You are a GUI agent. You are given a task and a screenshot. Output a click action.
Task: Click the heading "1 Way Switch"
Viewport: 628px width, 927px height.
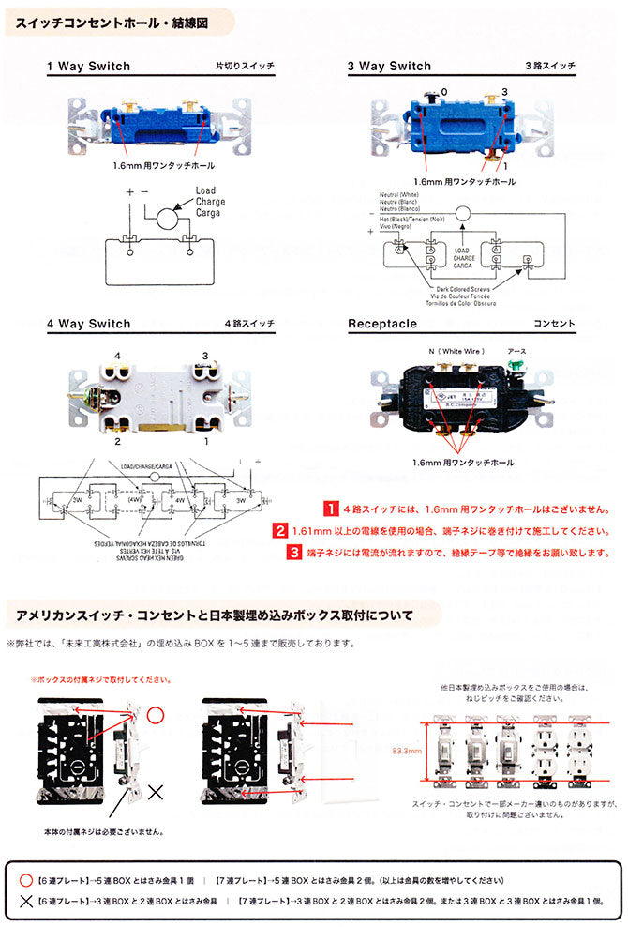pyautogui.click(x=88, y=67)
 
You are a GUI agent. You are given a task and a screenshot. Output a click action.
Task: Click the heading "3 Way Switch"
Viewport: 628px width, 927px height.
pyautogui.click(x=389, y=67)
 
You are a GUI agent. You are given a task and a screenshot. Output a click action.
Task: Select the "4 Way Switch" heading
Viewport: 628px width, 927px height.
pyautogui.click(x=88, y=324)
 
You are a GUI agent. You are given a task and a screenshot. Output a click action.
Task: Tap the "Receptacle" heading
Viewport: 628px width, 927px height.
pyautogui.click(x=381, y=324)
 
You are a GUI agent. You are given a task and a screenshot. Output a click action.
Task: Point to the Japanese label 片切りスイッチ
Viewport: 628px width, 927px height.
pyautogui.click(x=245, y=67)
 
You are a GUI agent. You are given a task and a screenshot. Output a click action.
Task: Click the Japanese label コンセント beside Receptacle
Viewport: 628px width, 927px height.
pyautogui.click(x=554, y=324)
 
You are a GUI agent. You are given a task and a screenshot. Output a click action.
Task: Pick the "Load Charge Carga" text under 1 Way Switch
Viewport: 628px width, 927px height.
pyautogui.click(x=210, y=202)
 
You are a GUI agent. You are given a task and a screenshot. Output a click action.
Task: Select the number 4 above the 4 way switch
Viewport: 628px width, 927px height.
pyautogui.click(x=118, y=356)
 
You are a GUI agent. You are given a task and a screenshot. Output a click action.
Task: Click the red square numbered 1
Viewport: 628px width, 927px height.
pyautogui.click(x=331, y=509)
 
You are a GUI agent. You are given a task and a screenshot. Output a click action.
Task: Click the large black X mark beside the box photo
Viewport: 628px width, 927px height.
pyautogui.click(x=155, y=790)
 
